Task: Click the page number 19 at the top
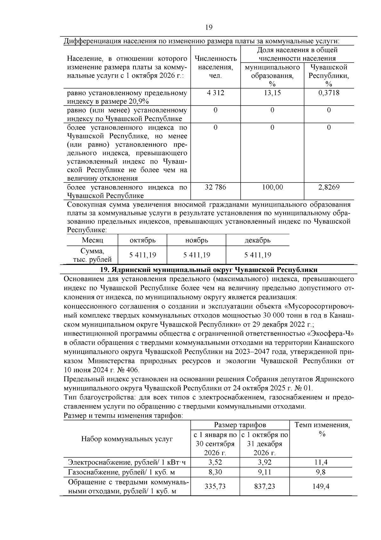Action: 209,27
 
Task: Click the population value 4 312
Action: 215,93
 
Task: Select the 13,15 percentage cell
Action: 272,93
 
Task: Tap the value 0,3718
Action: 329,93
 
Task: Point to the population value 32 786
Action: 215,187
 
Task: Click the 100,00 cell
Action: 272,187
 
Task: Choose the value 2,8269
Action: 329,187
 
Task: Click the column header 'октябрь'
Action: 143,240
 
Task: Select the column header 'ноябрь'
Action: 197,240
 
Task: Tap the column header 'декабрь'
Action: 257,240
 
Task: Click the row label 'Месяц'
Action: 92,240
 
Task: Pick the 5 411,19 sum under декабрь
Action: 257,255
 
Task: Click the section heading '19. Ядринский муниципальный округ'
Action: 209,270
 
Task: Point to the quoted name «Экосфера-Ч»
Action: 330,334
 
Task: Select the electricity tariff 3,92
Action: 264,462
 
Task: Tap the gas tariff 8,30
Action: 215,472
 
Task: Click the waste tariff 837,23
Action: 264,487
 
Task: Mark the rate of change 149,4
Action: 321,487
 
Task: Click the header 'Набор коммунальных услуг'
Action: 127,439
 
